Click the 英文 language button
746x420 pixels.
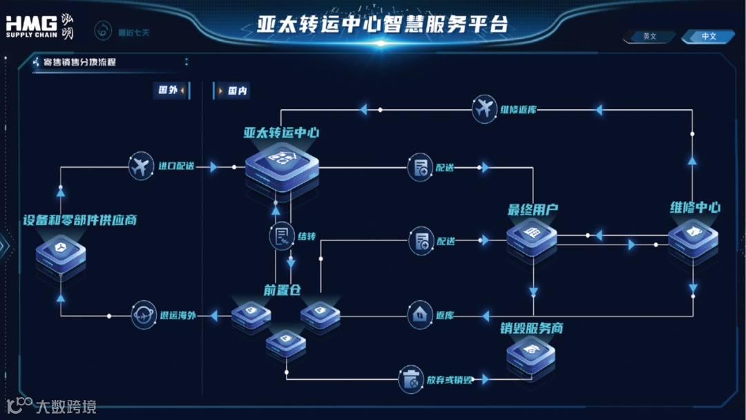[649, 37]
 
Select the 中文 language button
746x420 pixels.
[709, 37]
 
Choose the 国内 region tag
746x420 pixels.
[233, 91]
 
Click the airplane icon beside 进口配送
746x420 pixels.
[142, 166]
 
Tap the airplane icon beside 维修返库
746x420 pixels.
[485, 109]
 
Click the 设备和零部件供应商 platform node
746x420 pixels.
[61, 255]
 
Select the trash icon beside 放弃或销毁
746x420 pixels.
[410, 379]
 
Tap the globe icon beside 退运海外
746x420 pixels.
[144, 315]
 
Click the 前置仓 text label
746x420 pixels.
[280, 290]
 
